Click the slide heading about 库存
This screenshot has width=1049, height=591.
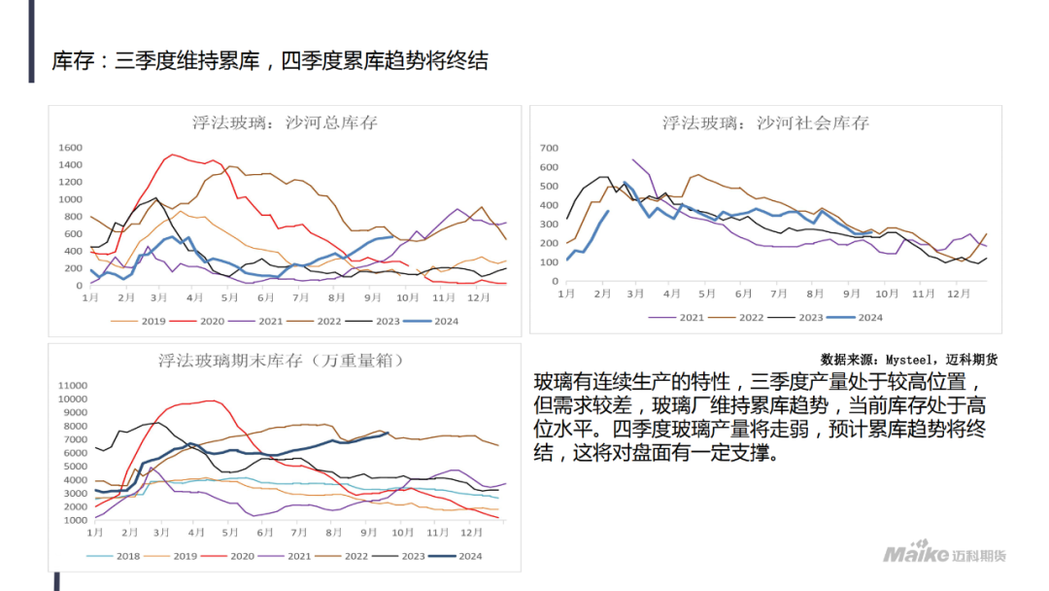pos(270,60)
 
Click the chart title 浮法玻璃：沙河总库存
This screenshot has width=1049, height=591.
pos(285,122)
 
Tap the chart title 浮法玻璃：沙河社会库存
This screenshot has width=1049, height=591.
pos(765,122)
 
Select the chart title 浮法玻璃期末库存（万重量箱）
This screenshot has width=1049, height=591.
pos(282,360)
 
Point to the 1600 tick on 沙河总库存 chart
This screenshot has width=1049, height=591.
pos(70,148)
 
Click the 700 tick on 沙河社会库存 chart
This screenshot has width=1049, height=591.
pos(549,148)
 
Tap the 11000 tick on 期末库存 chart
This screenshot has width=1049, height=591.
pos(73,385)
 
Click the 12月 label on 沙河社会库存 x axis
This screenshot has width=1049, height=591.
pos(958,293)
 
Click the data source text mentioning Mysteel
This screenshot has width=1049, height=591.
pos(908,359)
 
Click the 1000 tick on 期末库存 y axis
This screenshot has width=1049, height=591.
pos(76,521)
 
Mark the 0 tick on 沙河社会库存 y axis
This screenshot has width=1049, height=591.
pos(555,281)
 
